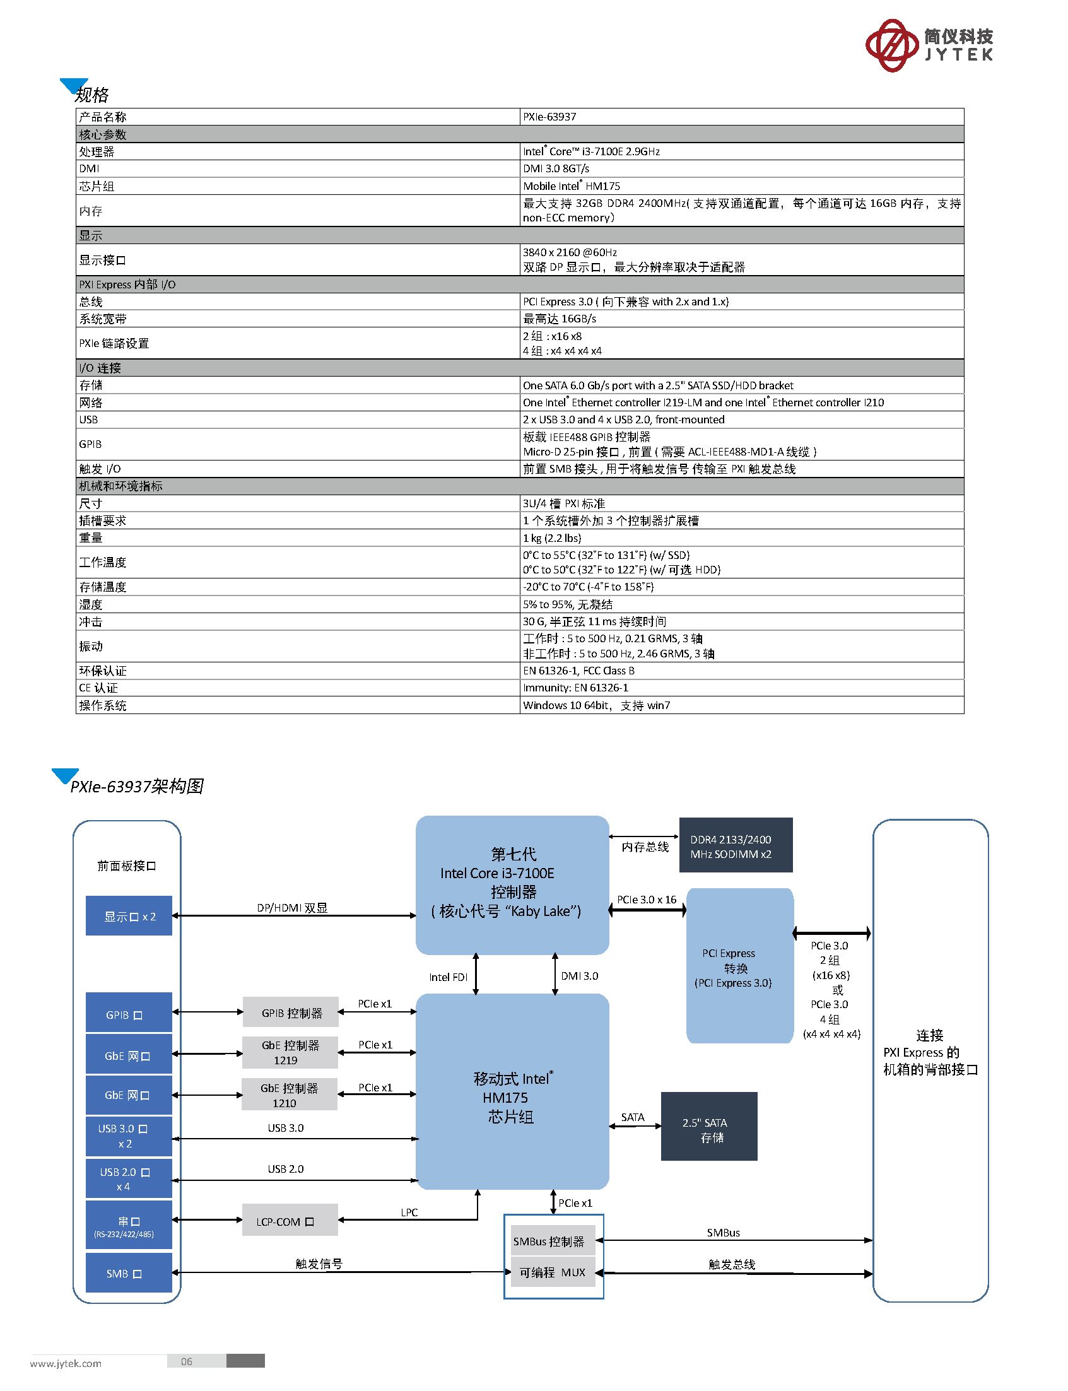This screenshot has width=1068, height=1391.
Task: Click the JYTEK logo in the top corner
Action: click(929, 45)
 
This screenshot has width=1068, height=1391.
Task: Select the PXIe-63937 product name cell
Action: click(741, 117)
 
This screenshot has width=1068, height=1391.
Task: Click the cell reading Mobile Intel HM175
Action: click(741, 186)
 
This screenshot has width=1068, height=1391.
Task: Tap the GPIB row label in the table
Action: click(298, 444)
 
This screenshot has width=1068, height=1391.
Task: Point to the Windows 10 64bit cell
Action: click(741, 705)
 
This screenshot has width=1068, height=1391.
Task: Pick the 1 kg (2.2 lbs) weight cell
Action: click(741, 538)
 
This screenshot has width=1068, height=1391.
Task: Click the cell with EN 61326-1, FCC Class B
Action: click(741, 671)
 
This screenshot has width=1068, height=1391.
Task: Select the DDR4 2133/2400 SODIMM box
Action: click(736, 845)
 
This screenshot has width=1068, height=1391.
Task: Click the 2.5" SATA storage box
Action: click(709, 1126)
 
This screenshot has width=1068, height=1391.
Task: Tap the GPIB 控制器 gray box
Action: click(291, 1012)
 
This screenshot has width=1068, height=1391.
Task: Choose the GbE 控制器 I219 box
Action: click(290, 1052)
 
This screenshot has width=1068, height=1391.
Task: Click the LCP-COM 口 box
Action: click(290, 1220)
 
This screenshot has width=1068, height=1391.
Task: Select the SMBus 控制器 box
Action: click(553, 1240)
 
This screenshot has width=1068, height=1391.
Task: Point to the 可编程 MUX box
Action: click(553, 1272)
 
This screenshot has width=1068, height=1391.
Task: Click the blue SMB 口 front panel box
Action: click(129, 1273)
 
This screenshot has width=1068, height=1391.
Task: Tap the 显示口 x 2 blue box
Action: click(129, 915)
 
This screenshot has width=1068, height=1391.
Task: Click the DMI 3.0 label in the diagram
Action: click(579, 976)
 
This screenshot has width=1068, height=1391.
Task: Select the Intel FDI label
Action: click(448, 977)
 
